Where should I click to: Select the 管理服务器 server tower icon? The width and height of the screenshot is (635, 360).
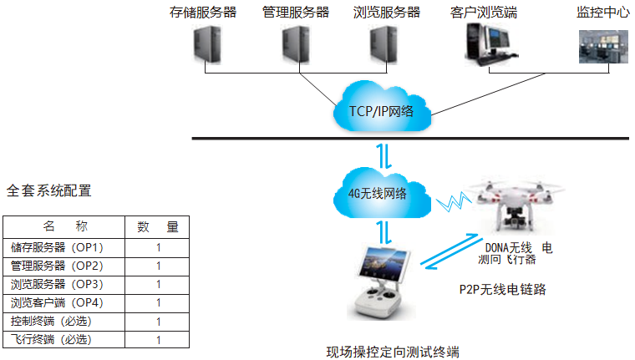[x=294, y=46]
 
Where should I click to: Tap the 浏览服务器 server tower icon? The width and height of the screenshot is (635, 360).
[x=384, y=46]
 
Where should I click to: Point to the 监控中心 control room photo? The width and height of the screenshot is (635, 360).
[x=603, y=46]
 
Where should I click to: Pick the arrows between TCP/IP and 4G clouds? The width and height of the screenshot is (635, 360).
[x=381, y=155]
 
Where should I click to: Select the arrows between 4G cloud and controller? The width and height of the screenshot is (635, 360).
[x=381, y=231]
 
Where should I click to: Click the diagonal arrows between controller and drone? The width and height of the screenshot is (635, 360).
[x=450, y=254]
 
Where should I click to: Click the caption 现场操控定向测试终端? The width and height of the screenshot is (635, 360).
[x=393, y=351]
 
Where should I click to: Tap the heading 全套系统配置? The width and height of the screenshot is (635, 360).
[x=48, y=190]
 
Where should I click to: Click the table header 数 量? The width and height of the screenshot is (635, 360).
[x=158, y=227]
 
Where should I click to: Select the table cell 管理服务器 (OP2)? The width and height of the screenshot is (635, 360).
[x=57, y=266]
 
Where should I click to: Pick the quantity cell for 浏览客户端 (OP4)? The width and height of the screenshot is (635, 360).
[x=158, y=302]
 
